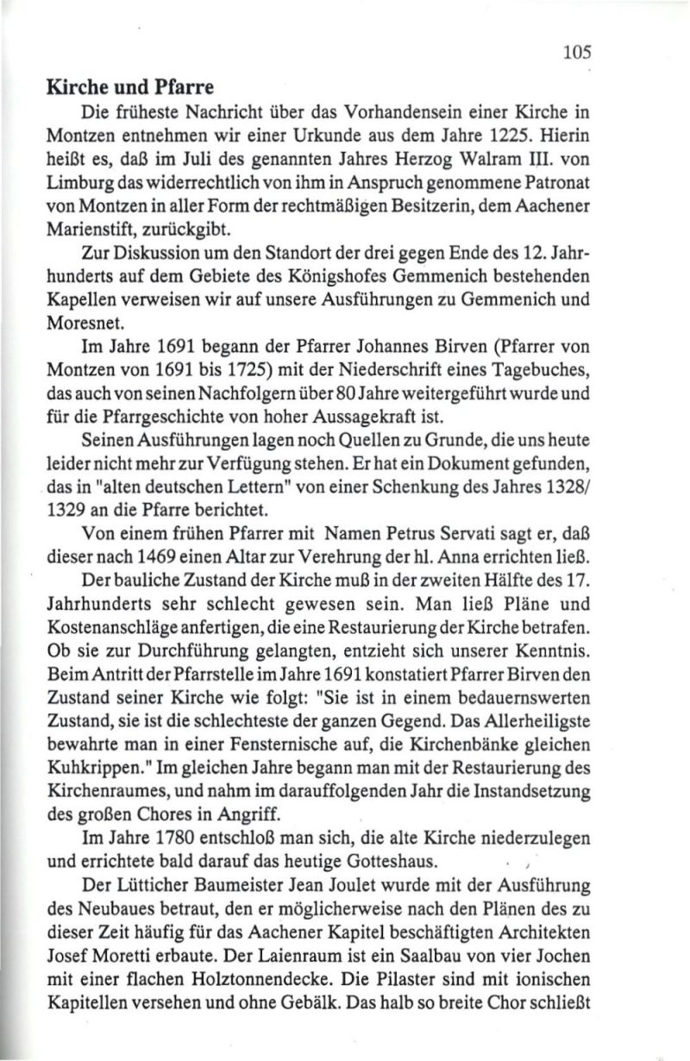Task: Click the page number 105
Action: (577, 51)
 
